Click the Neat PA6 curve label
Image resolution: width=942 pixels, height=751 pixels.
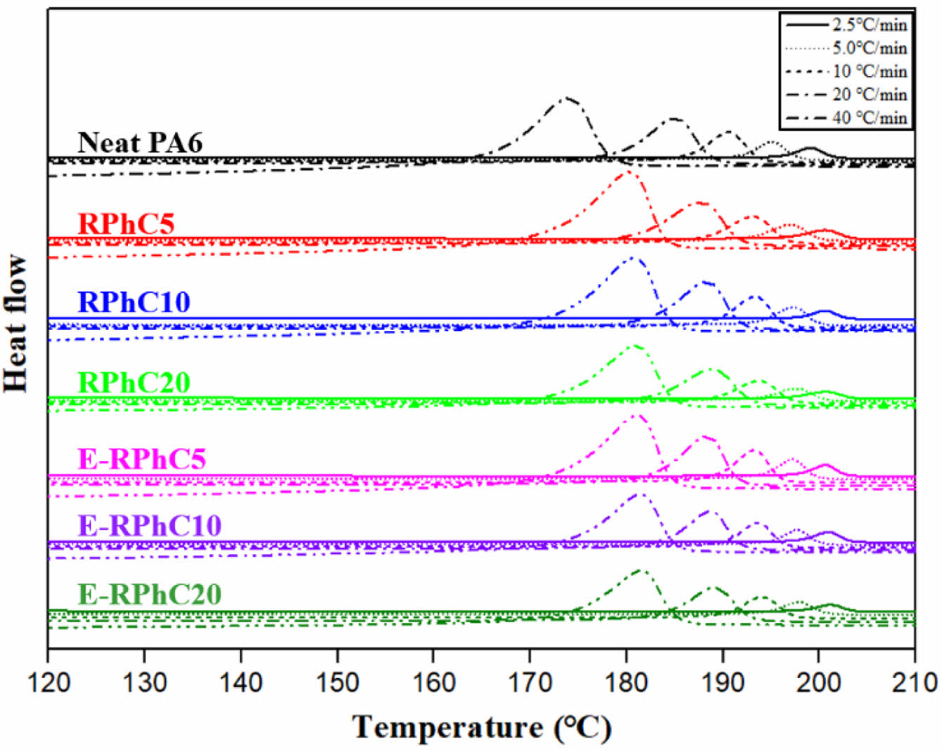(140, 143)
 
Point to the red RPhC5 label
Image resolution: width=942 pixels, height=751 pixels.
(126, 224)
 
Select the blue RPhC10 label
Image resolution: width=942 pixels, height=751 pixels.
(134, 302)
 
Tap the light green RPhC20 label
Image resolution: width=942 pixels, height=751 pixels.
(134, 383)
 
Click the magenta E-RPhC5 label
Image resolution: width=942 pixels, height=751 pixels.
(141, 459)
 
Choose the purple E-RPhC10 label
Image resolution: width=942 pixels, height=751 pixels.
(149, 526)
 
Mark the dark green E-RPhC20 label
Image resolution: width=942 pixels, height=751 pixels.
(149, 595)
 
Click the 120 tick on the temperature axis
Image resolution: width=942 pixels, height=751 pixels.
(48, 681)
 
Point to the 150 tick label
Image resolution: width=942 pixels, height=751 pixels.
(337, 681)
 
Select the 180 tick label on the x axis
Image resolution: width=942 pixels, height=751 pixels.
(625, 681)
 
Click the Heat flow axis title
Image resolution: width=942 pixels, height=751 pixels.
(15, 323)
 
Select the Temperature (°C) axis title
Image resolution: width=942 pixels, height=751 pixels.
(482, 728)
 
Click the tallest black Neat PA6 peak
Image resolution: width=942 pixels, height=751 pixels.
(566, 98)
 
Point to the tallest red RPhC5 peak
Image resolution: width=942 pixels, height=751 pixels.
(625, 172)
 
